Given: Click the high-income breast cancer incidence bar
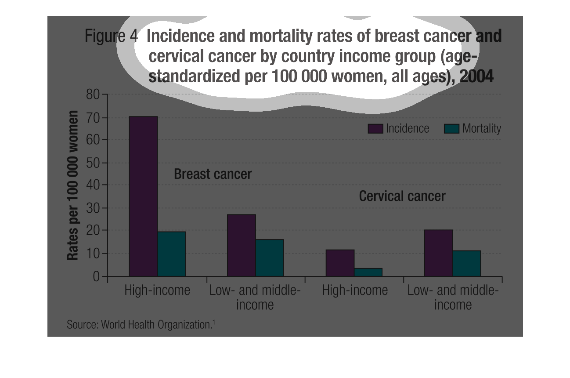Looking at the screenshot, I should coord(143,196).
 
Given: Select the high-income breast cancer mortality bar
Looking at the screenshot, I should coord(171,254).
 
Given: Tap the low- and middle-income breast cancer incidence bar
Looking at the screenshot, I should coord(241,245).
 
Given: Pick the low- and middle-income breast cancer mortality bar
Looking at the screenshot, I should coord(270,258).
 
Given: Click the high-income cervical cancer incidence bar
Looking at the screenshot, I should coord(340,263).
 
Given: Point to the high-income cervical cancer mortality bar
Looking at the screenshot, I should coord(368,272).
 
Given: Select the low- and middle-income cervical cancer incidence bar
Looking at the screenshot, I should coord(438,253).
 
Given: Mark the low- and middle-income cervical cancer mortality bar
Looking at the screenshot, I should coord(466,263).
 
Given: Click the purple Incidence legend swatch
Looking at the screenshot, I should coord(375,128).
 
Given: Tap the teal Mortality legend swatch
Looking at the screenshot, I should coord(452,128).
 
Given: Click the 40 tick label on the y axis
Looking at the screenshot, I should coord(93,185).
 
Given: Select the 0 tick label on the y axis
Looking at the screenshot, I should coord(96,276).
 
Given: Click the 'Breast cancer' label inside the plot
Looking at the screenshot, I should coord(213,174).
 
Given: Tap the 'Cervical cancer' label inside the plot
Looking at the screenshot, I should coord(402,196).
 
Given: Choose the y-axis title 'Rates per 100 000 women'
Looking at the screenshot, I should coord(73,185).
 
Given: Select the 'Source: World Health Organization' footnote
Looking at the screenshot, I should coord(141,325).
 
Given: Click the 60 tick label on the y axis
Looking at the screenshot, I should coord(93,140).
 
